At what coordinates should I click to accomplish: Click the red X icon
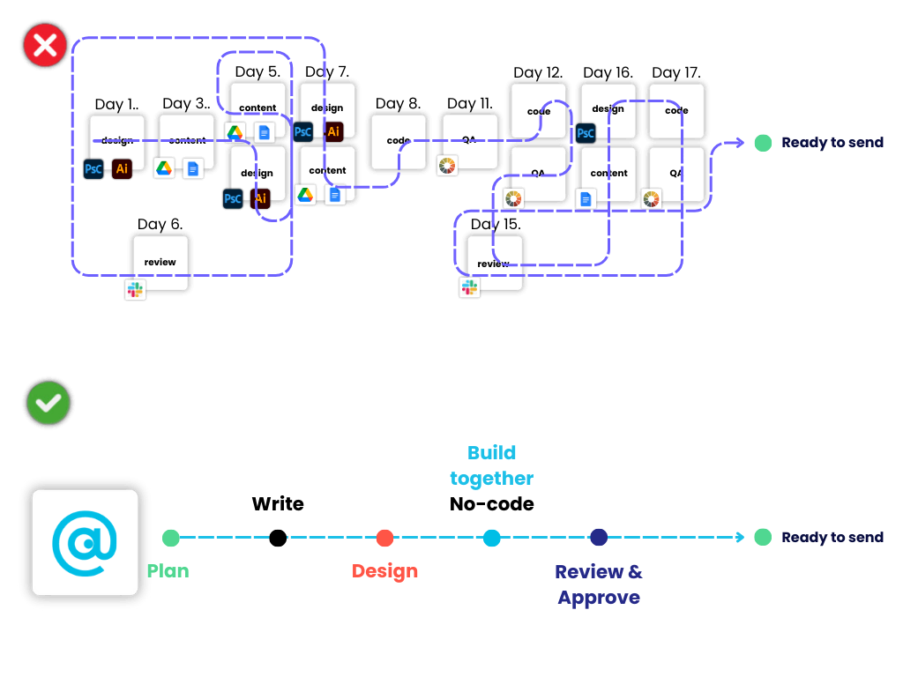pos(45,46)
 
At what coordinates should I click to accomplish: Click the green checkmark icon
pos(49,404)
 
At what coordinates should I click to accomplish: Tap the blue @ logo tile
pos(85,542)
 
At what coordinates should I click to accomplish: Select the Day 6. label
pos(160,225)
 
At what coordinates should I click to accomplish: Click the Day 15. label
pos(496,225)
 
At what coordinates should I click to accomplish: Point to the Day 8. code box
pos(398,141)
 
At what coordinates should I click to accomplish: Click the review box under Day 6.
pos(160,263)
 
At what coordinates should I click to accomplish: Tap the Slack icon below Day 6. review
pos(135,289)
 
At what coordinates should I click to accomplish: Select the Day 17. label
pos(676,73)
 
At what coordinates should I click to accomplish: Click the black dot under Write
pos(278,538)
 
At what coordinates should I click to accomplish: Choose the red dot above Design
pos(384,538)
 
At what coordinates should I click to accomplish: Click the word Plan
pos(168,571)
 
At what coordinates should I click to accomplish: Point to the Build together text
pos(492,465)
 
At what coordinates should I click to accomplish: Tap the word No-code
pos(492,504)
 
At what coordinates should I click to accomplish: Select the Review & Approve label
pos(599,584)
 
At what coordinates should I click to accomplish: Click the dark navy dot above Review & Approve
pos(599,538)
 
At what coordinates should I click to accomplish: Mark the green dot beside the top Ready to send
pos(763,143)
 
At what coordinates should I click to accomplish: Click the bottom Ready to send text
pos(832,538)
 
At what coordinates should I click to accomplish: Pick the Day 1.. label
pos(116,105)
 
